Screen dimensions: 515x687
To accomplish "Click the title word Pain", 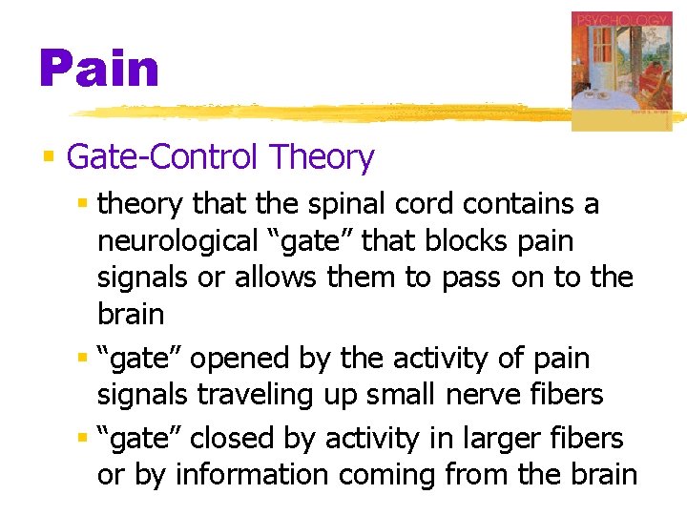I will pyautogui.click(x=98, y=70).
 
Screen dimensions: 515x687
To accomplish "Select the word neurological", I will pyautogui.click(x=171, y=241).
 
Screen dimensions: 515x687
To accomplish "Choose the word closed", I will pyautogui.click(x=233, y=439).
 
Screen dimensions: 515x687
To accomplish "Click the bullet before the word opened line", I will pyautogui.click(x=83, y=358).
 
